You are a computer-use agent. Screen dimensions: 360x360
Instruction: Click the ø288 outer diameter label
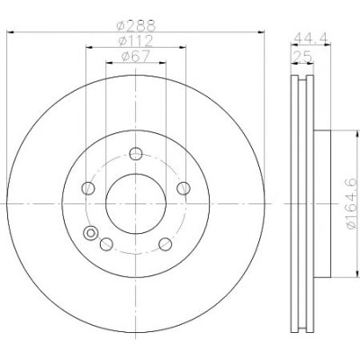click(136, 25)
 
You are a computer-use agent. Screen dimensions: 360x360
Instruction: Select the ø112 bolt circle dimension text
click(136, 40)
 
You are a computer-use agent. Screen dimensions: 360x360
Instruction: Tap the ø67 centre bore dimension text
click(136, 57)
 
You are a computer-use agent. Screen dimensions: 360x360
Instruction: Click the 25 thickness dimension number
click(302, 57)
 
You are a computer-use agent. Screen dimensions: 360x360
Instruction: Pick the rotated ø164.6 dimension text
click(352, 203)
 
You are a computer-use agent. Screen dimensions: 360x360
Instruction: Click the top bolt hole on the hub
click(136, 154)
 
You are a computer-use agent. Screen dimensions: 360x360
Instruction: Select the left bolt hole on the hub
click(88, 188)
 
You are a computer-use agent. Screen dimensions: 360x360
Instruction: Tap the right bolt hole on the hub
click(184, 188)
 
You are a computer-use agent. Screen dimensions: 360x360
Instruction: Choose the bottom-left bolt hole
click(106, 244)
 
